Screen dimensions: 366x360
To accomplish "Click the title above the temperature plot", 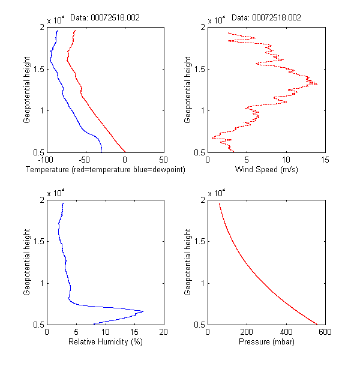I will (105, 18).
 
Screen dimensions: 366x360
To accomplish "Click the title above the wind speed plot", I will (266, 18).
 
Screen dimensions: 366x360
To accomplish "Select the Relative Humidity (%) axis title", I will (105, 343).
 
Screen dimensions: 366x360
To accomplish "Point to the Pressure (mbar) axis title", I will (266, 343).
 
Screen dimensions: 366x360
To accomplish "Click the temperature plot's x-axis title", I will (105, 170).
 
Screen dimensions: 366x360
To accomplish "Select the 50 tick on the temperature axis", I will (163, 160).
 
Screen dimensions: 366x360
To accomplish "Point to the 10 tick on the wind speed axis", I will (286, 160).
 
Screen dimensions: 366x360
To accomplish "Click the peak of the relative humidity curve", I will (143, 311).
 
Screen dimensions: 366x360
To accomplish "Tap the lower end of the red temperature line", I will (125, 152).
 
